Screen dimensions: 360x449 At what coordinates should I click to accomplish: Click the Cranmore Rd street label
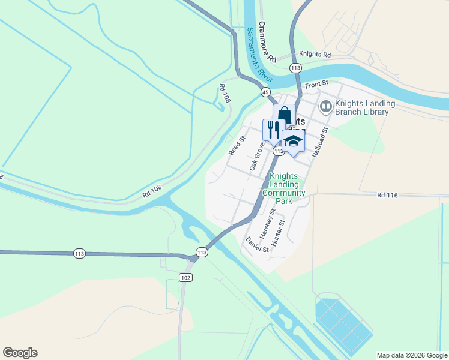(x=267, y=43)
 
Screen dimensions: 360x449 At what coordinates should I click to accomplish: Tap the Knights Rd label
(x=315, y=55)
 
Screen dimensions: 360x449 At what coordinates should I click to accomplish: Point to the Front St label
(x=318, y=84)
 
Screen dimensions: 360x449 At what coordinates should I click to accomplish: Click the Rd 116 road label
(x=388, y=195)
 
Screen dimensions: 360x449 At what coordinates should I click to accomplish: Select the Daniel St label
(x=256, y=245)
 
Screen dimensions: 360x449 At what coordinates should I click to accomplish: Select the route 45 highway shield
(x=265, y=92)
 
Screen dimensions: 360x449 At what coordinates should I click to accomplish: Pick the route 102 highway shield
(x=185, y=277)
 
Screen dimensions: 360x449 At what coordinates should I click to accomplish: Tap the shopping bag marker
(x=284, y=115)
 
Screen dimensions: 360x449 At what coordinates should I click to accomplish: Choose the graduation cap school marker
(x=293, y=142)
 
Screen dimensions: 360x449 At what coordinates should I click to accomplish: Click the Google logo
(x=20, y=353)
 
